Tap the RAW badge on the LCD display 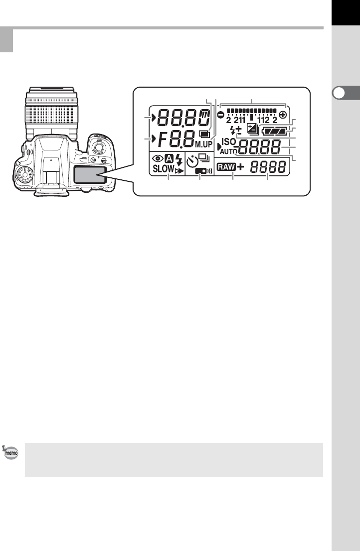point(226,168)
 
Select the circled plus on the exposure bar point(284,114)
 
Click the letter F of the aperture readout point(163,139)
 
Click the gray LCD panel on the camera point(89,177)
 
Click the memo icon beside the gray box point(11,451)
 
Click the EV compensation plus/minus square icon point(252,131)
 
